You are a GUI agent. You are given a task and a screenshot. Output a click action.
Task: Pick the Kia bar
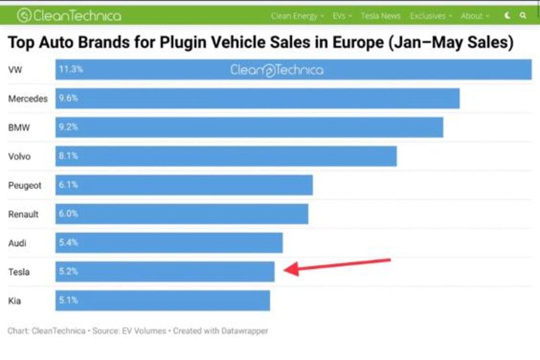click(x=162, y=301)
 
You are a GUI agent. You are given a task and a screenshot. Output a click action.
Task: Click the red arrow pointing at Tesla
click(x=337, y=265)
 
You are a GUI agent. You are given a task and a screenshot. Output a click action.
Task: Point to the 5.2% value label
click(x=68, y=271)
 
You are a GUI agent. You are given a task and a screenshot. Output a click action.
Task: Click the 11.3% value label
click(x=71, y=70)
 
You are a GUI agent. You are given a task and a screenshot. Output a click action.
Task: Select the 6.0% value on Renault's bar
click(x=68, y=214)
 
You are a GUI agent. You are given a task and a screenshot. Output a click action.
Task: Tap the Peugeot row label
click(x=25, y=185)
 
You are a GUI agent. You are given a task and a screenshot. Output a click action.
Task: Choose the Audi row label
click(x=18, y=243)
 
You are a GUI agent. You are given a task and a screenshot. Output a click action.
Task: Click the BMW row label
click(x=19, y=127)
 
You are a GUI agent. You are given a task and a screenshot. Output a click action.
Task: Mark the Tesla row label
click(x=19, y=272)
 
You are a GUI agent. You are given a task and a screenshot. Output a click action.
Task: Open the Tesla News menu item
click(x=380, y=16)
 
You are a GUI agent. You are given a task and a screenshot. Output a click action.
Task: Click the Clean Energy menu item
click(x=294, y=16)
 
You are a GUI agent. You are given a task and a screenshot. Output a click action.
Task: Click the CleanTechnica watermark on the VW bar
click(x=277, y=70)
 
